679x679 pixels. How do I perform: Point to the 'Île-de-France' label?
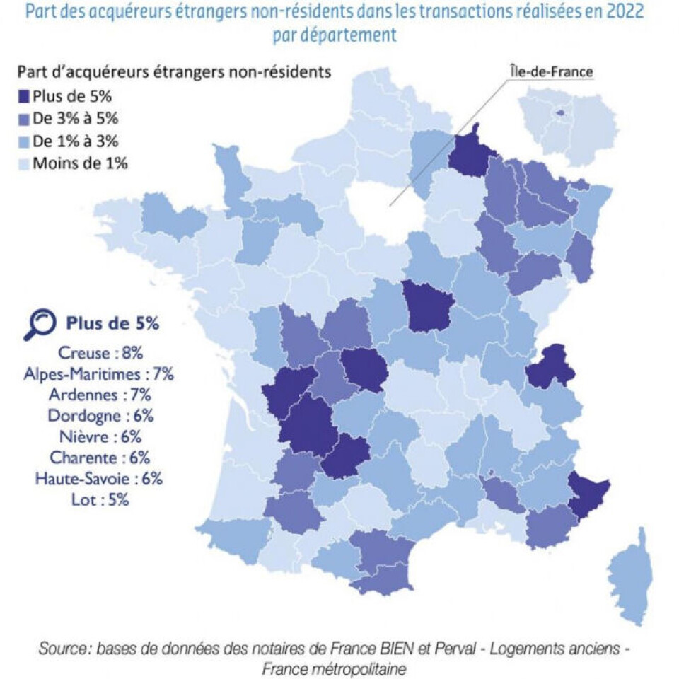[x=551, y=71]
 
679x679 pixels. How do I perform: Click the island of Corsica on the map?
[x=629, y=576]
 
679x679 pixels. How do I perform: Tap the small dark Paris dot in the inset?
[x=561, y=112]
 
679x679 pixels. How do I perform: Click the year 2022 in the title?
[x=623, y=13]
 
